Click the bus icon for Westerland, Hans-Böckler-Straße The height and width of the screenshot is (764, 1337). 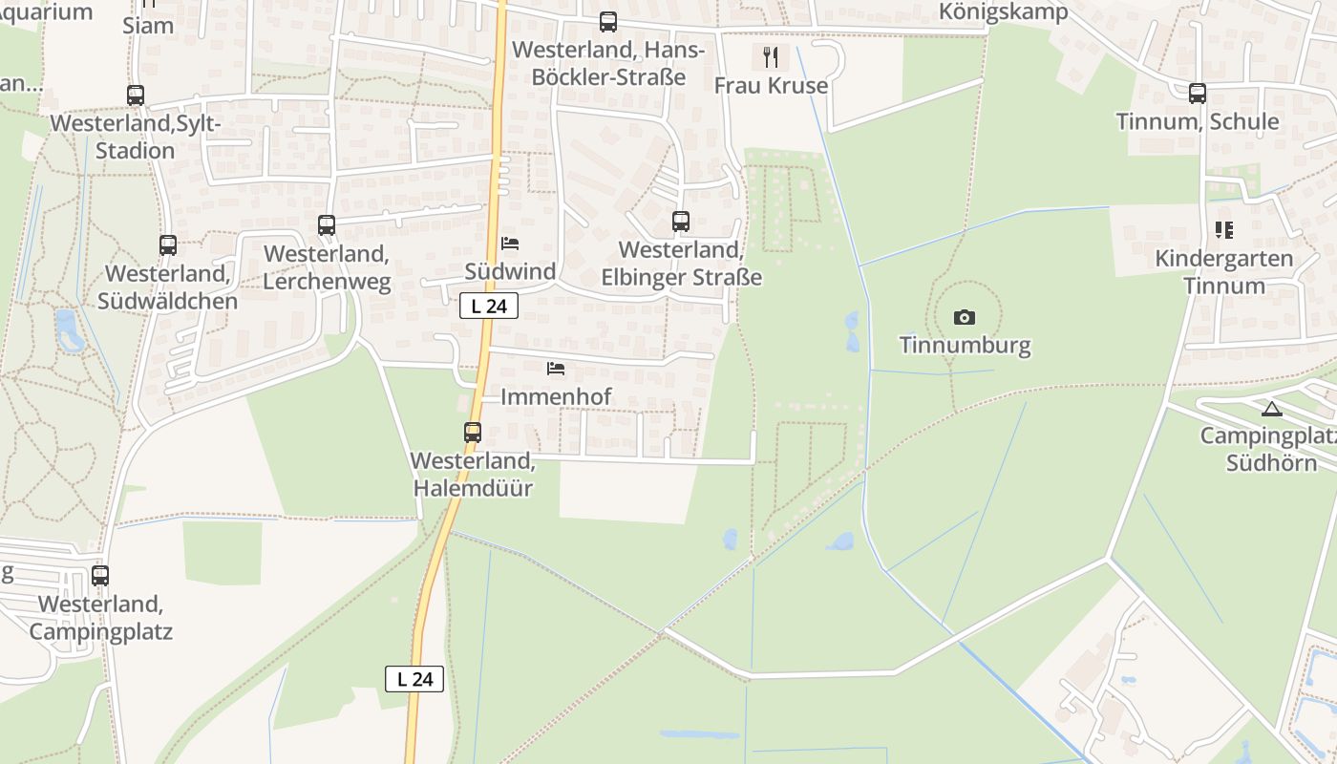tap(608, 22)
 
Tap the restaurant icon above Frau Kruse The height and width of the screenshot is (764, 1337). tap(771, 57)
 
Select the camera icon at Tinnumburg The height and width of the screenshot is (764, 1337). tap(965, 317)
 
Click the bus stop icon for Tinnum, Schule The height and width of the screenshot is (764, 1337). tap(1198, 94)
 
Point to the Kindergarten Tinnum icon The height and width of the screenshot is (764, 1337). tap(1223, 230)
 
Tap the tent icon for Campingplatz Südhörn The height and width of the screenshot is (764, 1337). tap(1270, 409)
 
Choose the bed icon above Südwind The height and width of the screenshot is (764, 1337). tap(510, 244)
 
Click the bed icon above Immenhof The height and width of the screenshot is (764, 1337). tap(556, 369)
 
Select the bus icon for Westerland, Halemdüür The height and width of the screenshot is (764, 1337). tap(473, 432)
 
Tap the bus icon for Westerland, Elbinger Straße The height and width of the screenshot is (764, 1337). tap(681, 222)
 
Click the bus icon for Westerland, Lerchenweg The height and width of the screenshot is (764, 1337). tap(327, 225)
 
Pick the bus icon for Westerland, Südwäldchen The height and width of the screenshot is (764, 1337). tap(168, 245)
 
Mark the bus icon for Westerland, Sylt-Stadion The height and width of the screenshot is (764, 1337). tap(136, 95)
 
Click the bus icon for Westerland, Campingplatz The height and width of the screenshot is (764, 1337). tap(100, 576)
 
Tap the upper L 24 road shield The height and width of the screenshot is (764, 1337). tap(489, 306)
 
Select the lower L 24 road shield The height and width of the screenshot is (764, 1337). tap(414, 679)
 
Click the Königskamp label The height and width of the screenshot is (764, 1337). tap(1003, 11)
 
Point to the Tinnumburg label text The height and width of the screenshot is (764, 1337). tap(965, 345)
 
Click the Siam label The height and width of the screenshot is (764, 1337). tap(148, 25)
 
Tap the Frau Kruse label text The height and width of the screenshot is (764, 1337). tap(771, 85)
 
